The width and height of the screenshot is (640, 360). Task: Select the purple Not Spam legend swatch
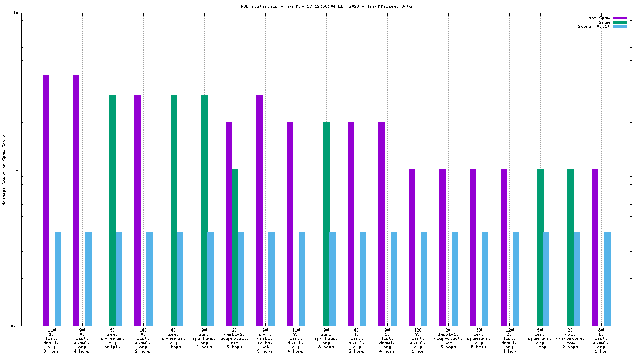click(x=619, y=18)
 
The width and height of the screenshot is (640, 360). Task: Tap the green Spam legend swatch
click(x=619, y=22)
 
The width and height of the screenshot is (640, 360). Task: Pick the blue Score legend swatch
click(x=619, y=26)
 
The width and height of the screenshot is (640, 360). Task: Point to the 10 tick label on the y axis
click(x=15, y=13)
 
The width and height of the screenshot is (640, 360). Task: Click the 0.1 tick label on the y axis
click(x=14, y=325)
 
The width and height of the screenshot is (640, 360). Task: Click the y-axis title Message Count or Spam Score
click(x=4, y=169)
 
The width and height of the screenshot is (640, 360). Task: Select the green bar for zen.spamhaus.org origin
click(x=113, y=210)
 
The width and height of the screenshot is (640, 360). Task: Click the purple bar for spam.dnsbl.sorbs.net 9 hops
click(x=259, y=210)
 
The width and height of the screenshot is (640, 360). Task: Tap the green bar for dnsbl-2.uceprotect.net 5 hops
click(x=235, y=247)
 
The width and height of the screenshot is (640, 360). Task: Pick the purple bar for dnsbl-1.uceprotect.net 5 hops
click(x=443, y=247)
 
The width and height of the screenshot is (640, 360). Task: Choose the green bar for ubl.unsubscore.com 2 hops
click(x=571, y=247)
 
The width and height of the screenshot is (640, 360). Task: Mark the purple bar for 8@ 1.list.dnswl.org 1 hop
click(x=595, y=247)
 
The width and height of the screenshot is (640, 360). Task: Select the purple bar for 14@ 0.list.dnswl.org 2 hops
click(x=137, y=210)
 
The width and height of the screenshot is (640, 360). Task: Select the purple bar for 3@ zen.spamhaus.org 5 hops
click(x=473, y=247)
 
